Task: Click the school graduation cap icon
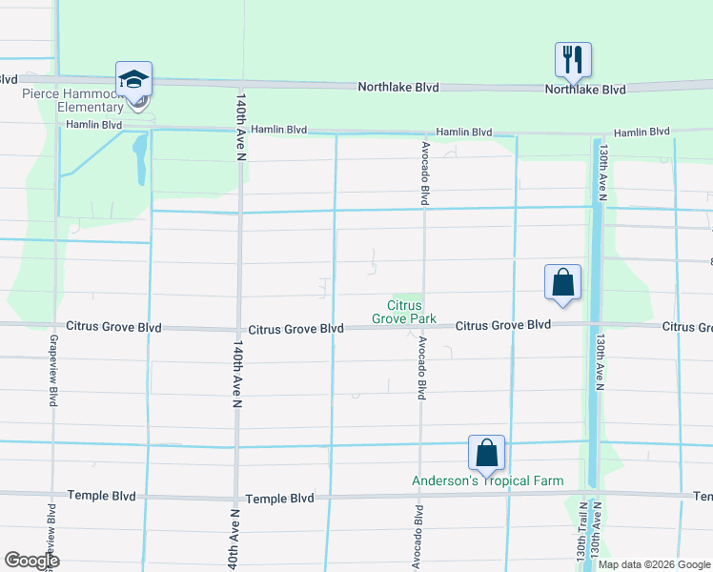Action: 133,79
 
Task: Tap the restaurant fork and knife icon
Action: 573,59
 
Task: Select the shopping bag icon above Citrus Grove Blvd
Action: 562,282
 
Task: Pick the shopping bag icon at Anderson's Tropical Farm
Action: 486,453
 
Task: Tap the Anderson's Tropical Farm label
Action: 487,481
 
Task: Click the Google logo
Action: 31,561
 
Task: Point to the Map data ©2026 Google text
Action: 654,564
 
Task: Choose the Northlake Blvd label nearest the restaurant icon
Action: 585,90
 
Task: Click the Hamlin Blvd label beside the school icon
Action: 95,125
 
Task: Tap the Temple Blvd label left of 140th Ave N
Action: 101,497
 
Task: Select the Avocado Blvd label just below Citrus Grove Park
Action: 418,367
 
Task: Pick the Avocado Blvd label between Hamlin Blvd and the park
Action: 424,174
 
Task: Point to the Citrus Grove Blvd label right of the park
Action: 503,325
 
